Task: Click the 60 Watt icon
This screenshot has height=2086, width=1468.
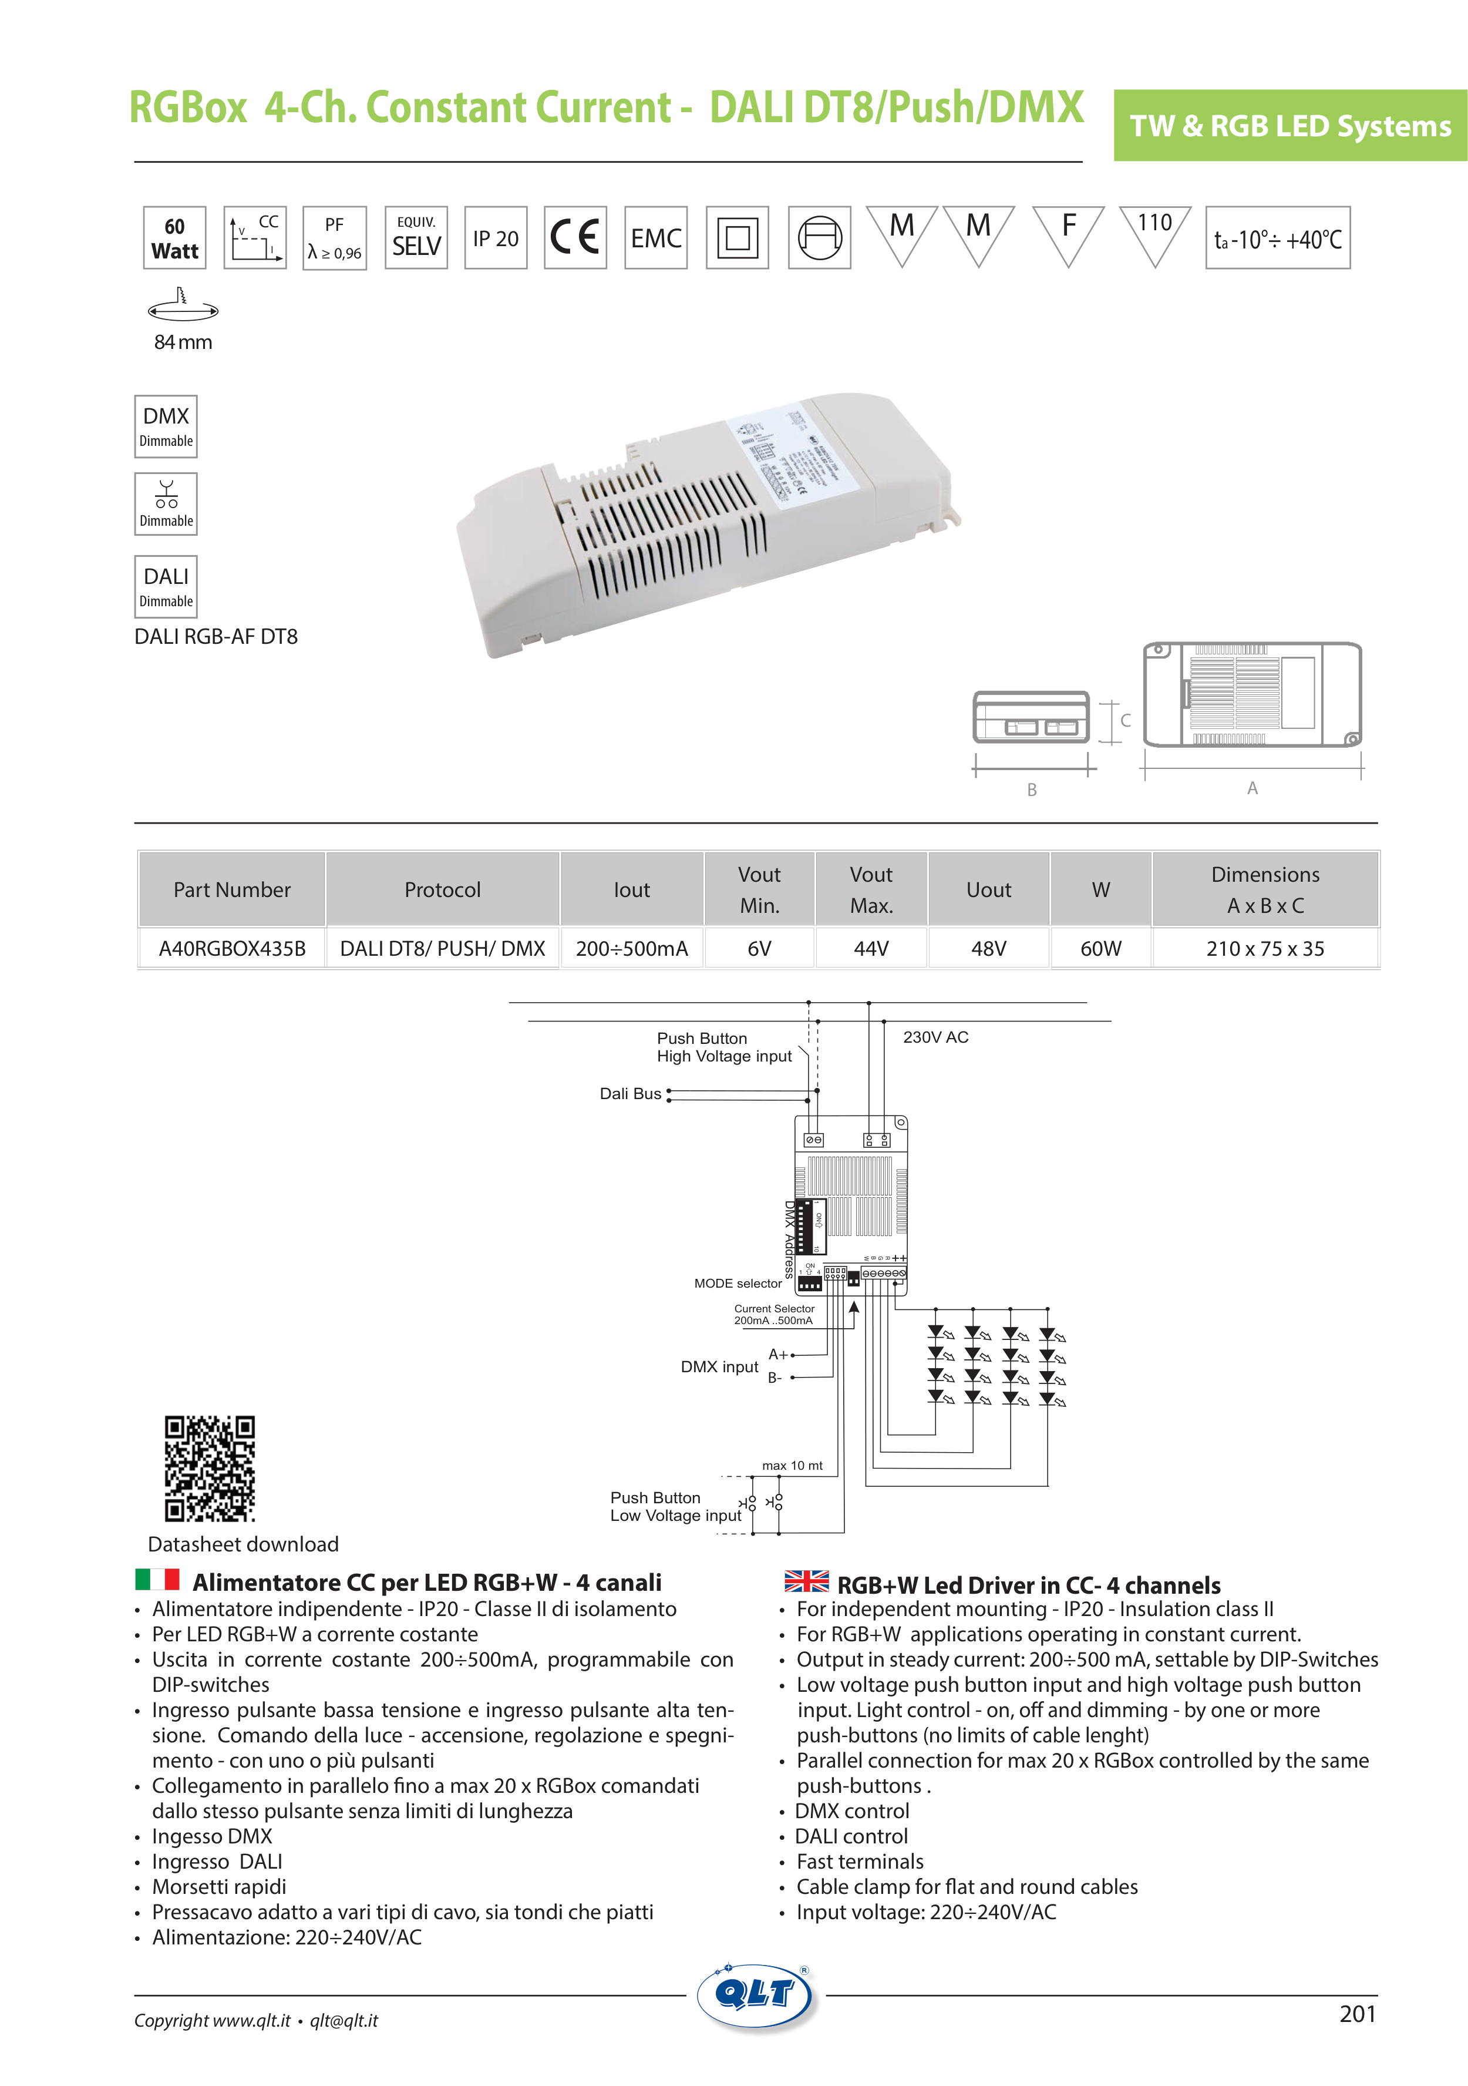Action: (174, 238)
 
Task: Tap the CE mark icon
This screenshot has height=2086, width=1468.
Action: (575, 238)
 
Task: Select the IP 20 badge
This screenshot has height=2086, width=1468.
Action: (495, 238)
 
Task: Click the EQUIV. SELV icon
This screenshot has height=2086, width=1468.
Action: (416, 238)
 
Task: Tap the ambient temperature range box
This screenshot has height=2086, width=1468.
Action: (1277, 238)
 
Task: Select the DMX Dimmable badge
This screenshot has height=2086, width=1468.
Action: (166, 426)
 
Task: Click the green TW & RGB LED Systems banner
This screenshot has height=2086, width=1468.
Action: (1290, 125)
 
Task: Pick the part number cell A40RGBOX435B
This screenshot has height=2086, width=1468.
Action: (233, 949)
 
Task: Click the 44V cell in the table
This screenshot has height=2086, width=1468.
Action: (871, 949)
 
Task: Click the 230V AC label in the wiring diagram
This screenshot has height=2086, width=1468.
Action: (935, 1037)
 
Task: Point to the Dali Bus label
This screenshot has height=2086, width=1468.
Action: (631, 1094)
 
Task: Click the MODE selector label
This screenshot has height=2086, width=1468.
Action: (738, 1284)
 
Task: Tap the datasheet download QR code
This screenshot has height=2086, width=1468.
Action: (210, 1468)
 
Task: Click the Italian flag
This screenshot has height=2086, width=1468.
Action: (157, 1580)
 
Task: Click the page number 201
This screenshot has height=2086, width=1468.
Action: (1357, 2014)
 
